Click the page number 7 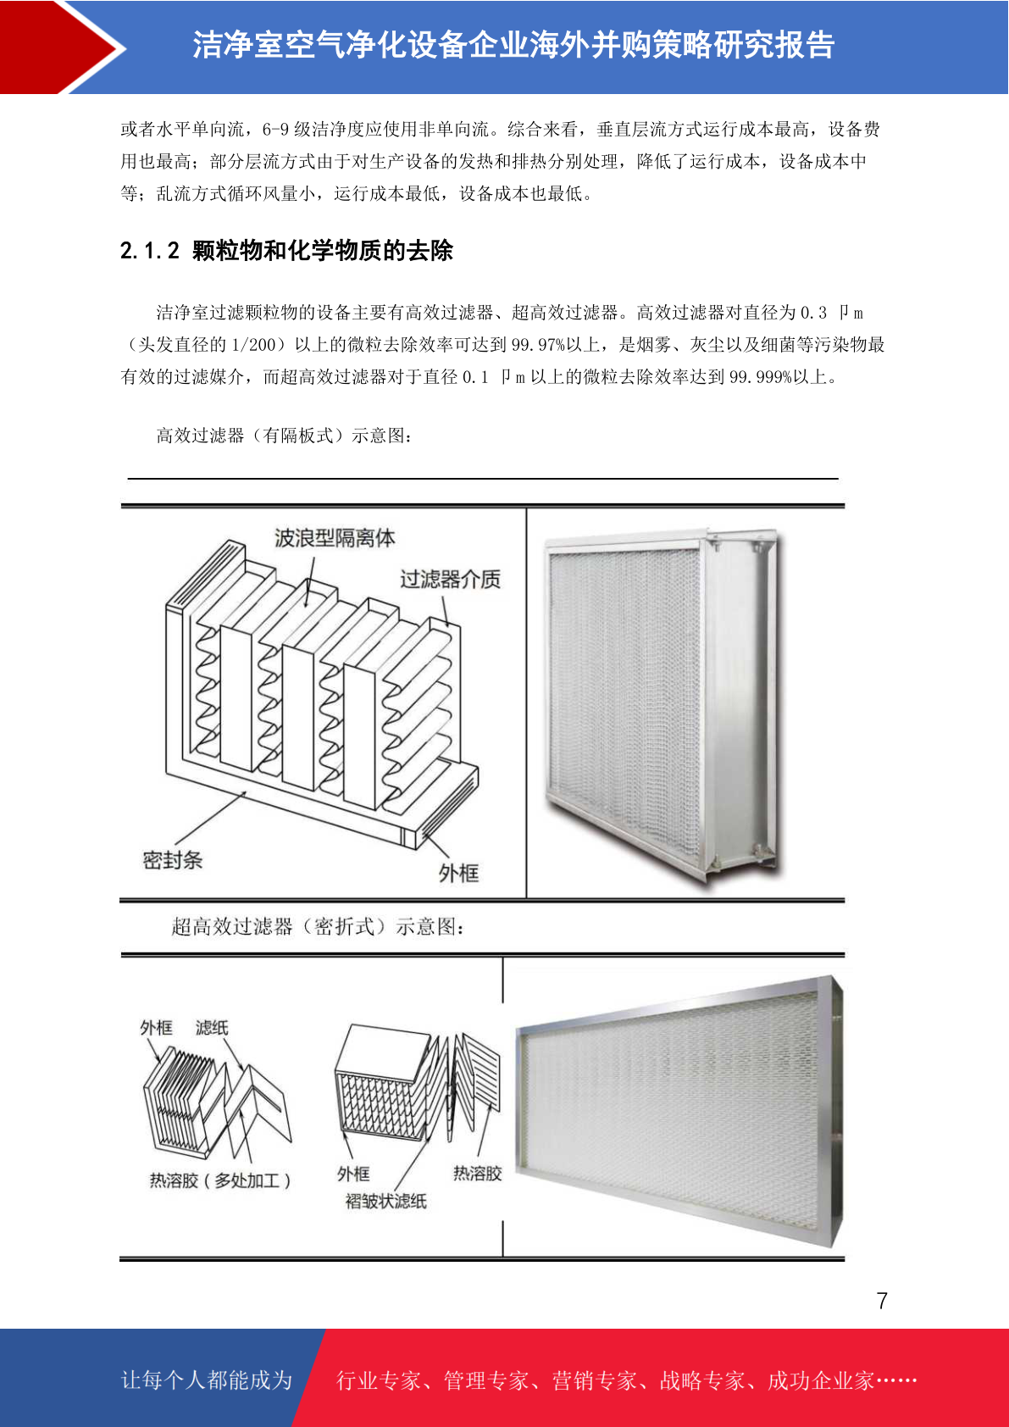(x=882, y=1301)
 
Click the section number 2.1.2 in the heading (x=150, y=251)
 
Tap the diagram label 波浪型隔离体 (x=335, y=538)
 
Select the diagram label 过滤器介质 (x=451, y=579)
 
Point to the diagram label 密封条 (x=173, y=860)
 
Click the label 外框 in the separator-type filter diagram (x=458, y=873)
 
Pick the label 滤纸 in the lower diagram (x=212, y=1028)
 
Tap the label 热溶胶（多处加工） (x=220, y=1180)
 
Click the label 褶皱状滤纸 (x=386, y=1202)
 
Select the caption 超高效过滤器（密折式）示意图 (x=317, y=926)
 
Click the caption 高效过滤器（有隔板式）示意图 (x=284, y=436)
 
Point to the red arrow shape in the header (x=60, y=47)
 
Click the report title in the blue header (x=513, y=45)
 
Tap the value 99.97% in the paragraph (x=539, y=345)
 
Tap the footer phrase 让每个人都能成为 (x=207, y=1380)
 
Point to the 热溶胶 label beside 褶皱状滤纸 (x=477, y=1173)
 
